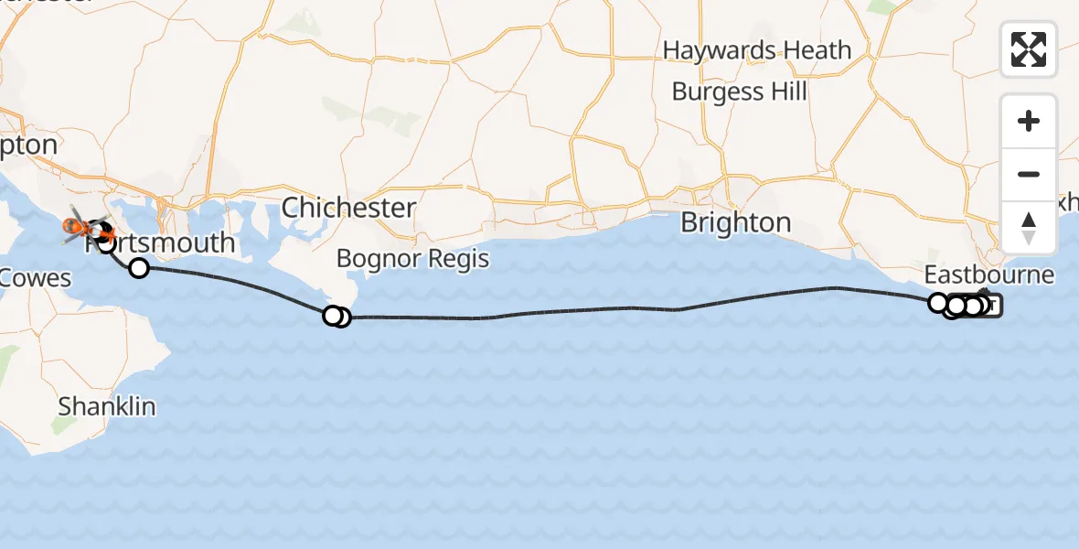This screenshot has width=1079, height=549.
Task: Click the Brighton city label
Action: point(736,222)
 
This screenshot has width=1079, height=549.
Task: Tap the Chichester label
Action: point(348,208)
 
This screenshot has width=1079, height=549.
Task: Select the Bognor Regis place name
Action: point(412,258)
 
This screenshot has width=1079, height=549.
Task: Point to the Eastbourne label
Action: point(988,274)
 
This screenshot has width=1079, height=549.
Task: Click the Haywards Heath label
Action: point(757,50)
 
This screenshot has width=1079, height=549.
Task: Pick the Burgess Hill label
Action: point(740,91)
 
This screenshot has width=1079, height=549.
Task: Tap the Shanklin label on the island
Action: point(107,406)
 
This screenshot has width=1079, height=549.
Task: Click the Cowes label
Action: point(35,277)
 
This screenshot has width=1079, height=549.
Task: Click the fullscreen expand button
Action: point(1029,49)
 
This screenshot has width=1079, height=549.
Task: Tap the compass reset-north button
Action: point(1029,228)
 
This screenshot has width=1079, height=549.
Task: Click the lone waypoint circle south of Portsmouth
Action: point(139,268)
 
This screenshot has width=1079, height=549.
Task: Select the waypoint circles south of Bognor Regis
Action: point(337,317)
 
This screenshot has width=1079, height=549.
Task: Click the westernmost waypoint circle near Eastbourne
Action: point(937,302)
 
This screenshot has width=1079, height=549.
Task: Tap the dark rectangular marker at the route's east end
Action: point(992,307)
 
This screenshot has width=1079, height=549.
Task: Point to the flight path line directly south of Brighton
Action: point(732,303)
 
